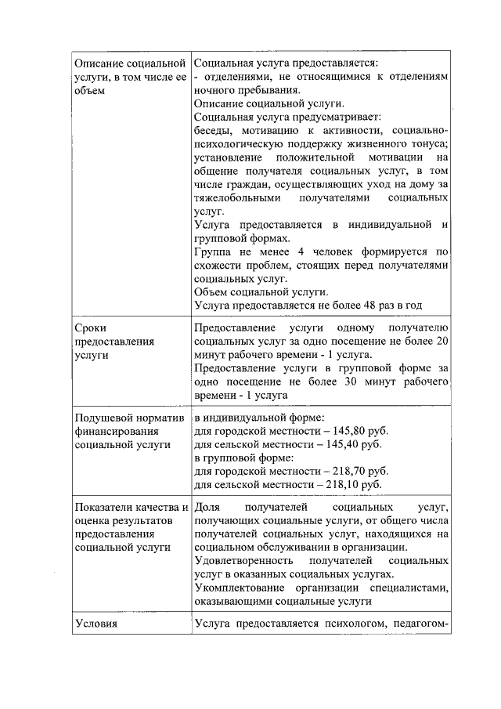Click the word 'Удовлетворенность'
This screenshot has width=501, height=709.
[x=243, y=562]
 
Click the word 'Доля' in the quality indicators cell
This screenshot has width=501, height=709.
[x=207, y=508]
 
